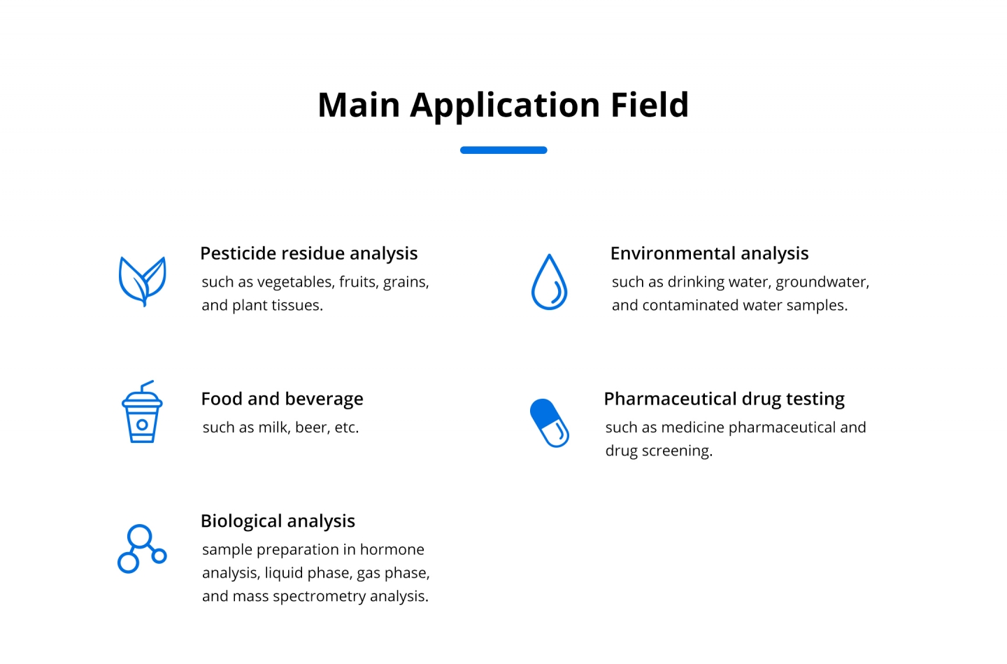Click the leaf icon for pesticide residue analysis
(143, 281)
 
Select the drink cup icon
(142, 412)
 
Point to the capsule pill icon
(550, 423)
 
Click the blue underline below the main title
(503, 150)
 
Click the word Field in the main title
(649, 105)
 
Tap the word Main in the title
(359, 105)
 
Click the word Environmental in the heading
(673, 253)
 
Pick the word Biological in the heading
(241, 521)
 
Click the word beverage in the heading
(324, 399)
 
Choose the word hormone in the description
(392, 550)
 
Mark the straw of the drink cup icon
(147, 386)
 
